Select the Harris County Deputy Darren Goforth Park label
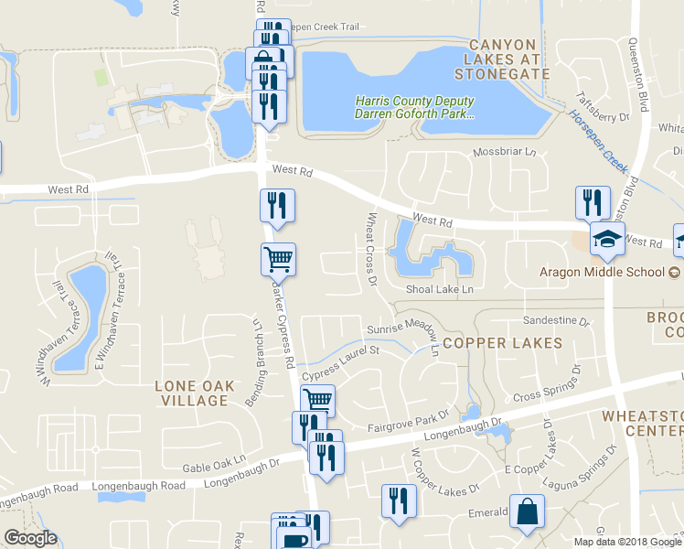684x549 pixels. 415,108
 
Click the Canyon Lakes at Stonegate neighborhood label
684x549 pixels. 509,59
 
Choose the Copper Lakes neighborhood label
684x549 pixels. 502,343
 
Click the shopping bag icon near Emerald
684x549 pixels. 528,512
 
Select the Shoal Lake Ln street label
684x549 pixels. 441,289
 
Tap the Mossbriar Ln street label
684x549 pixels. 502,152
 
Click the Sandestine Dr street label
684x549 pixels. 556,320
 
